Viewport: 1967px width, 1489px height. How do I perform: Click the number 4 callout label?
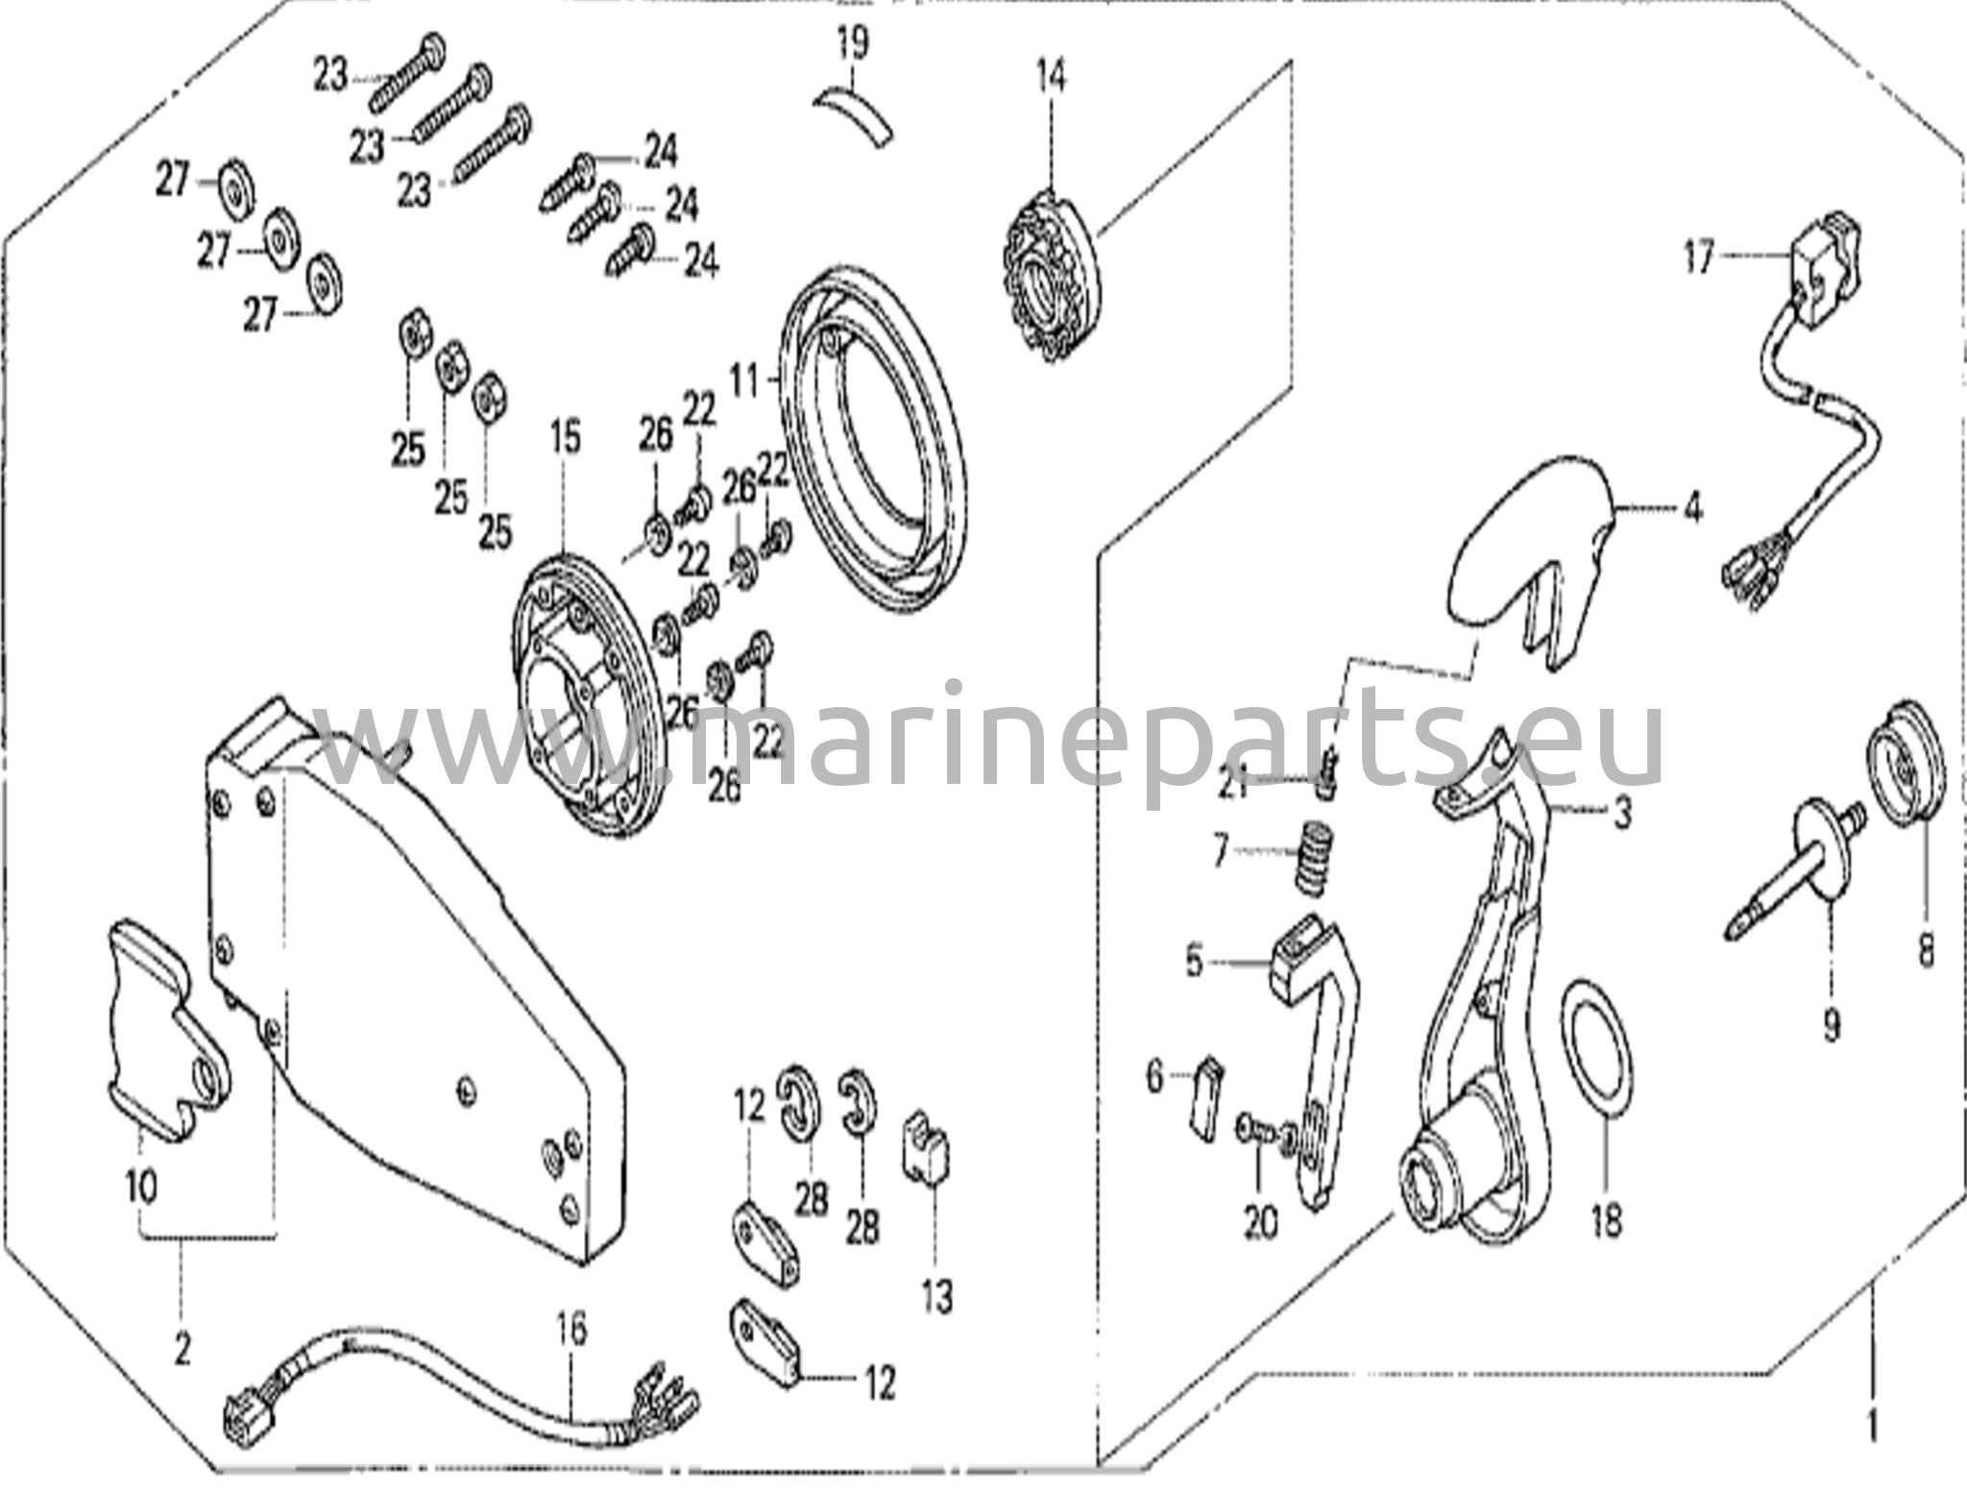click(x=1691, y=506)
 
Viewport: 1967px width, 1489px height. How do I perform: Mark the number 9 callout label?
click(x=1830, y=1026)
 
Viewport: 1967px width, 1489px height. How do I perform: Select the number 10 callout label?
click(x=141, y=1188)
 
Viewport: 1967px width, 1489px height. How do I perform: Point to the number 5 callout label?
click(x=1195, y=961)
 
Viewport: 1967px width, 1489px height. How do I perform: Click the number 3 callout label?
click(x=1622, y=816)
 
